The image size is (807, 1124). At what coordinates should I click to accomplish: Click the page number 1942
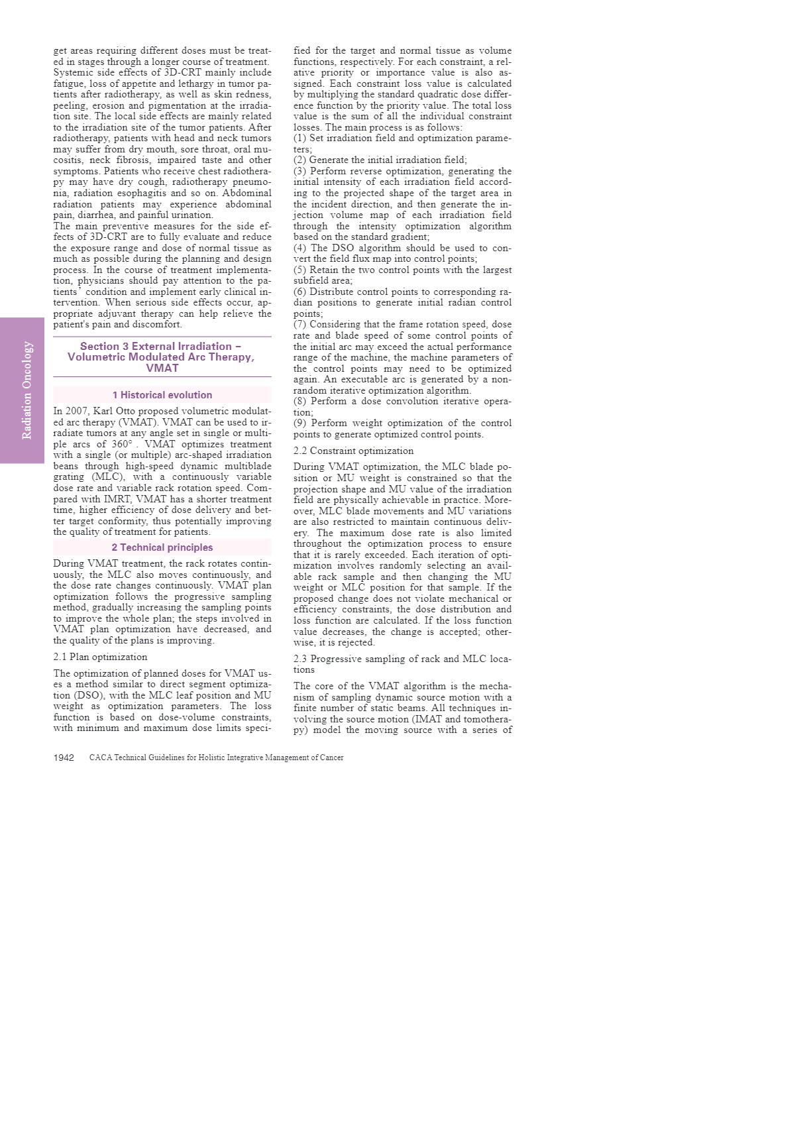pyautogui.click(x=64, y=758)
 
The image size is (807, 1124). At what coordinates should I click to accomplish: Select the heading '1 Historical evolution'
pyautogui.click(x=162, y=395)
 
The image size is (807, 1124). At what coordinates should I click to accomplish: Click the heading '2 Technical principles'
pyautogui.click(x=162, y=547)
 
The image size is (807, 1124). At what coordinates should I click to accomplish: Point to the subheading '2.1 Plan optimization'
pyautogui.click(x=100, y=657)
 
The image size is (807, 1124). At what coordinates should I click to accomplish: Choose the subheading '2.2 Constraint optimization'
pyautogui.click(x=353, y=451)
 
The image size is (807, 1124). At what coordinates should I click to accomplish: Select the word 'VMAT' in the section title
pyautogui.click(x=162, y=368)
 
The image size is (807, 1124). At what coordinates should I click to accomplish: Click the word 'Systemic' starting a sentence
pyautogui.click(x=73, y=72)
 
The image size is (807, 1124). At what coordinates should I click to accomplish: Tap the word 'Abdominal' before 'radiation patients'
pyautogui.click(x=246, y=193)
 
